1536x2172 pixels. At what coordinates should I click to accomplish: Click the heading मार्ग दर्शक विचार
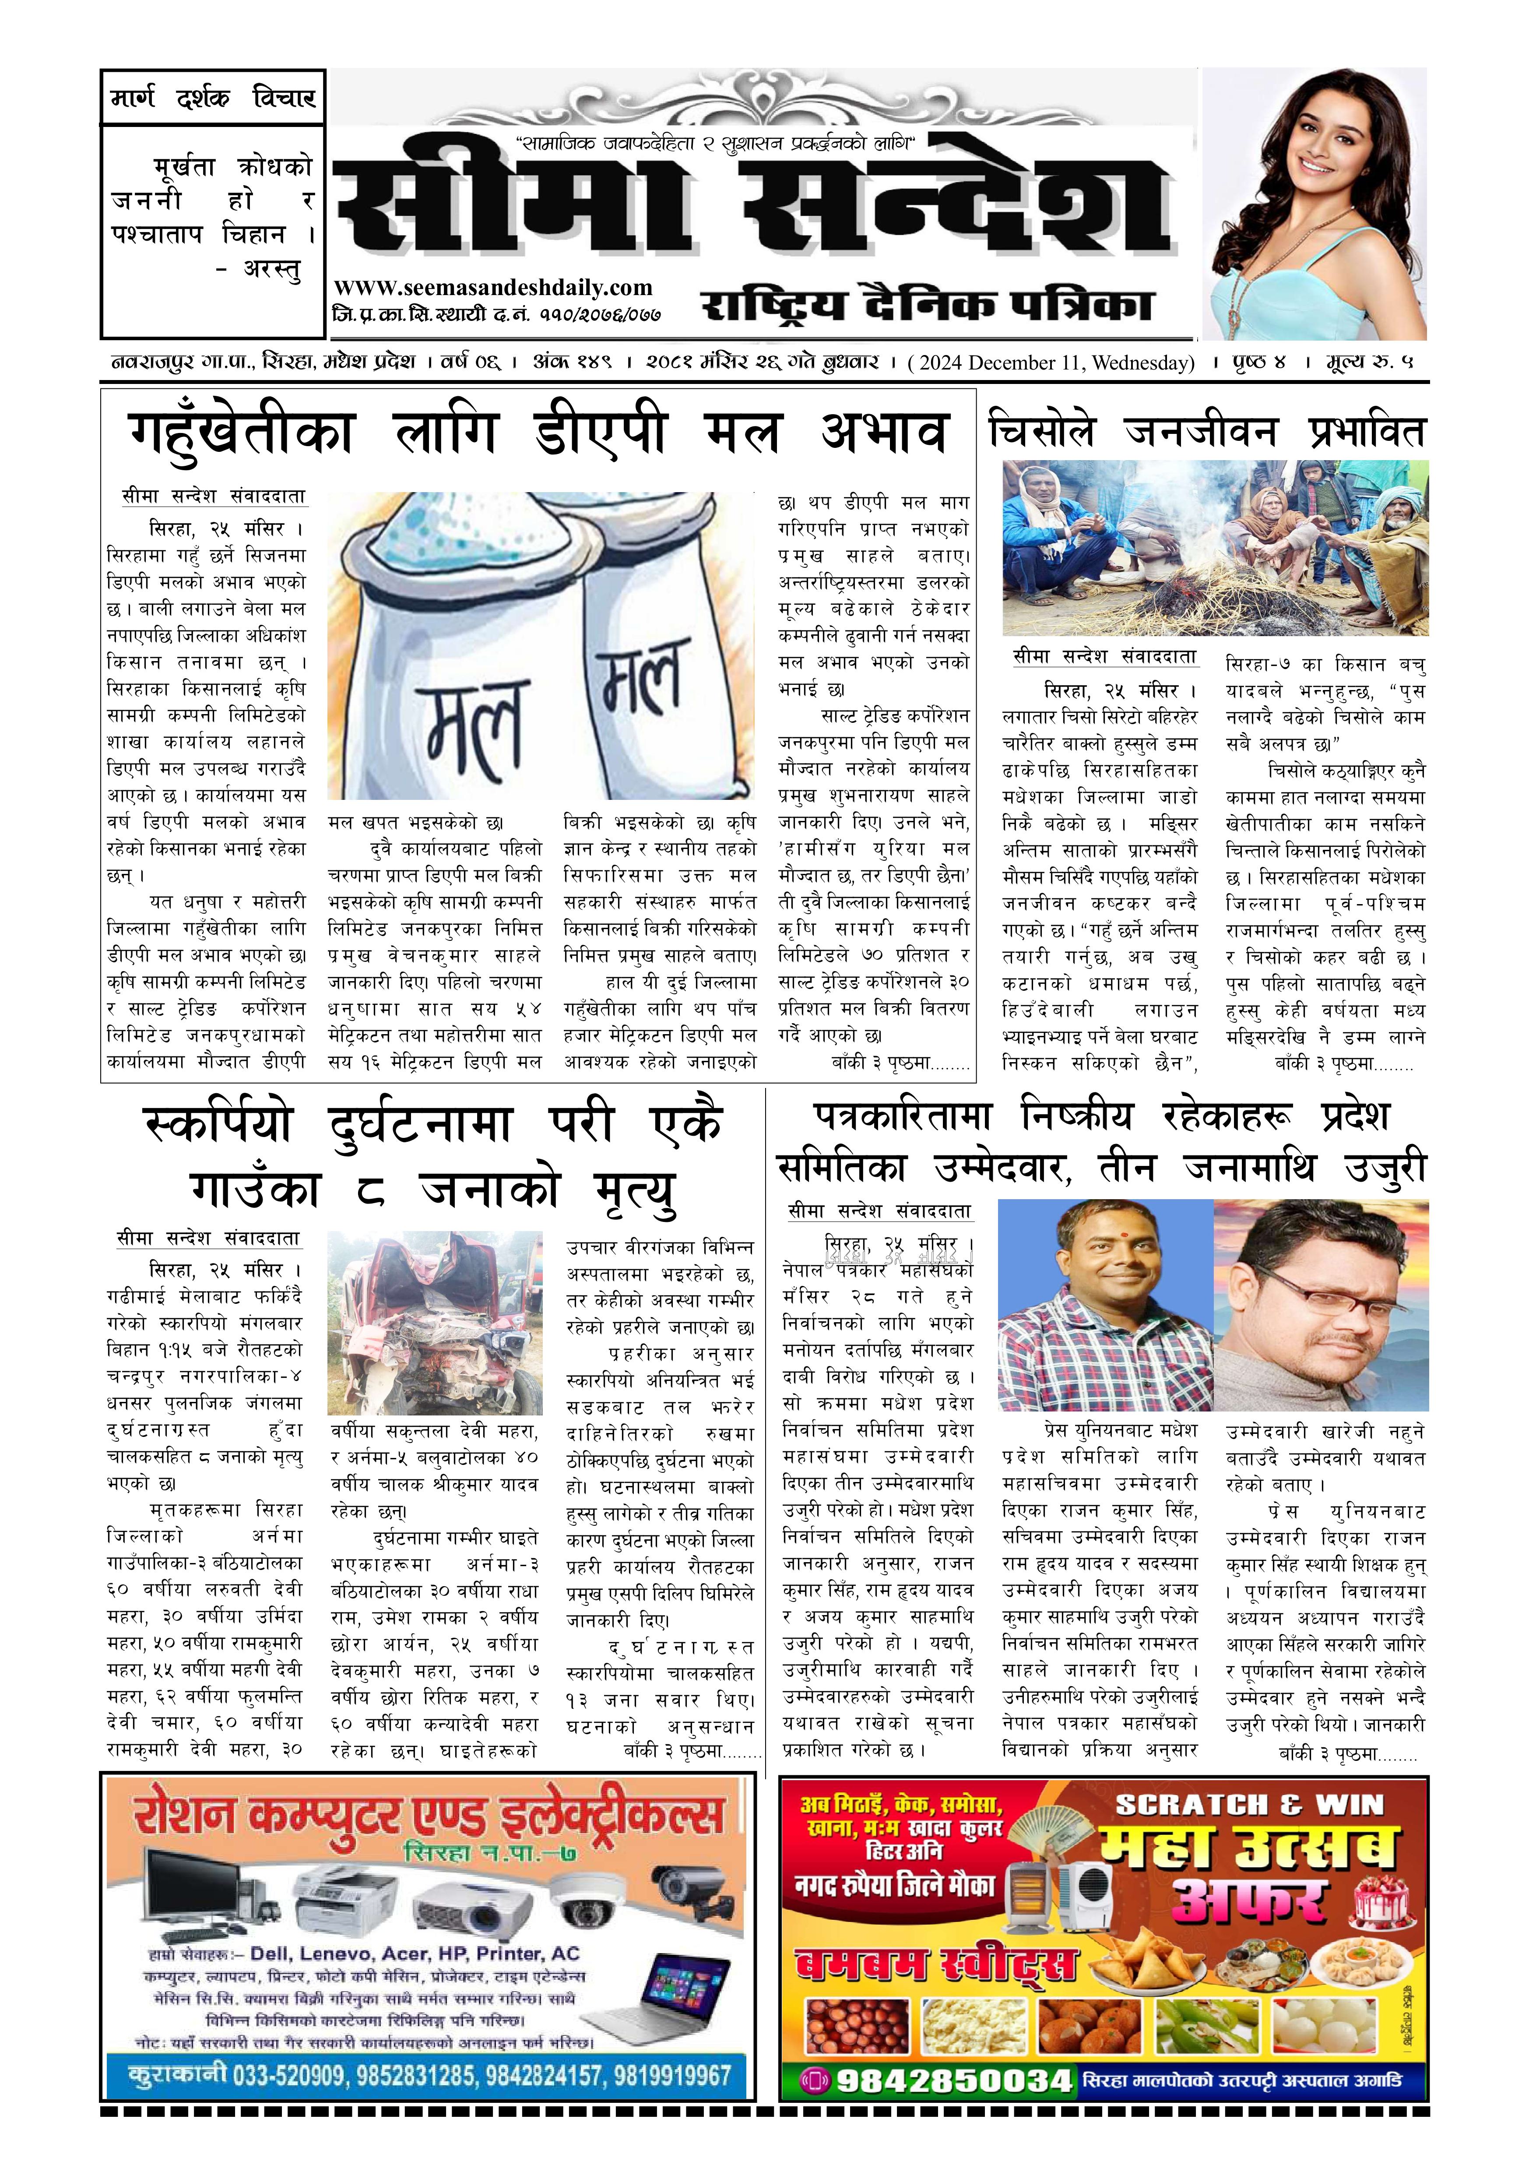click(213, 98)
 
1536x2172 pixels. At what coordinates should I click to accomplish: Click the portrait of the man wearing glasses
click(1320, 1306)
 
